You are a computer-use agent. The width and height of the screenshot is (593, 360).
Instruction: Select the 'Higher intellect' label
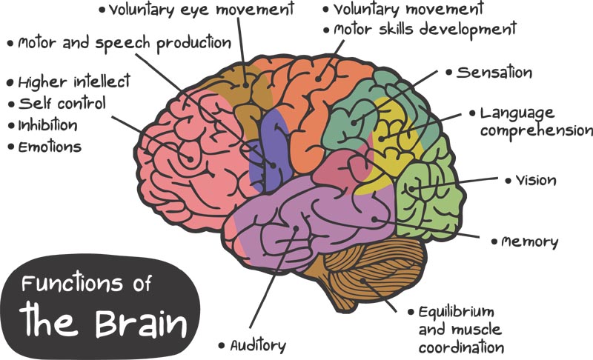73,81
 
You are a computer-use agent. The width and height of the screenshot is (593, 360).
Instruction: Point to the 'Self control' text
62,102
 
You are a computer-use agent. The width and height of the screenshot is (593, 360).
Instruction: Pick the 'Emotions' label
50,147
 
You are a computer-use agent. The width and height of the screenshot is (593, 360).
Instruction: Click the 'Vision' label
535,180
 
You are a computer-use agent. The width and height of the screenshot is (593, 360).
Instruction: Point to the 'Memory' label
530,242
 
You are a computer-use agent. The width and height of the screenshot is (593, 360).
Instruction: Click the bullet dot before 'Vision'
508,180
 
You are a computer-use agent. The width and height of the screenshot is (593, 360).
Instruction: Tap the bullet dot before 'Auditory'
221,346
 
